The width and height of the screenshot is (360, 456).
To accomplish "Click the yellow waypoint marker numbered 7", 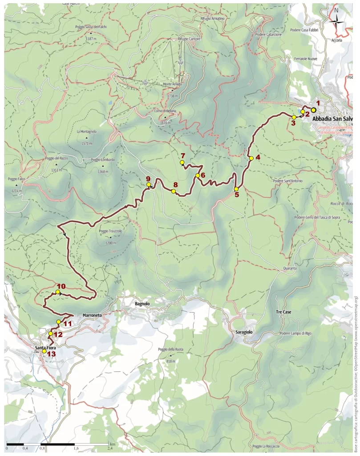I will coord(182,163).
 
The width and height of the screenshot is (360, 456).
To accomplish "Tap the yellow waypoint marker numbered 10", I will coord(58,292).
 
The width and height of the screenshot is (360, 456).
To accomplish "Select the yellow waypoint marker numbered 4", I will coord(251,158).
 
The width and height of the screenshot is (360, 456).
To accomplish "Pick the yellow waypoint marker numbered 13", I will coord(44,351).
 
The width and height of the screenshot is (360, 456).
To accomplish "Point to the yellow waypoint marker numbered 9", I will coord(149,184).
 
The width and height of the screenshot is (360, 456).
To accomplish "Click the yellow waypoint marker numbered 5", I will coord(236,189).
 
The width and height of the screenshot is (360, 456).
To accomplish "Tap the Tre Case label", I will coord(283,312).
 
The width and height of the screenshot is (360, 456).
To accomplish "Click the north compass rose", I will coord(337,20).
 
